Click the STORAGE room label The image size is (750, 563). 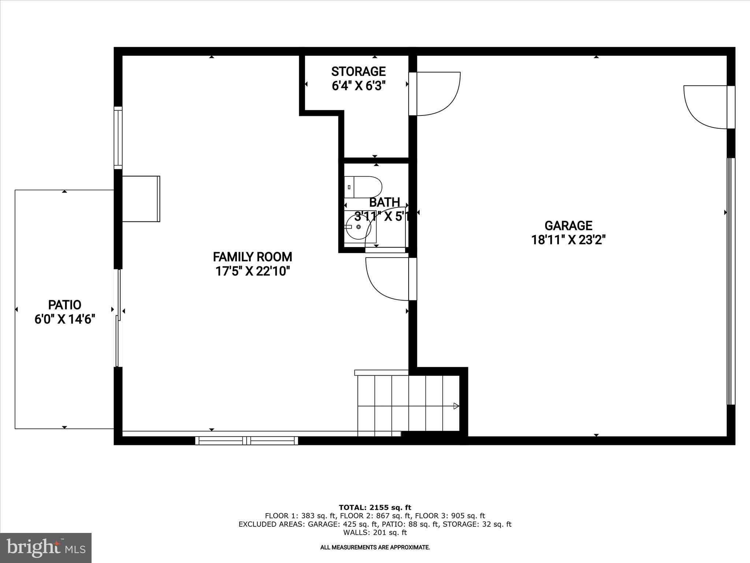tap(358, 71)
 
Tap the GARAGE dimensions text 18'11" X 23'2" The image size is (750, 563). tap(568, 240)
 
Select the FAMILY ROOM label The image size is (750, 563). tap(252, 257)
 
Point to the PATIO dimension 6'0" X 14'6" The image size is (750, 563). tap(65, 319)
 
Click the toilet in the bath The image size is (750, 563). tap(363, 187)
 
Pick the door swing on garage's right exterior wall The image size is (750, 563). tap(705, 107)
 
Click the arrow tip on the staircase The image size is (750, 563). tap(456, 406)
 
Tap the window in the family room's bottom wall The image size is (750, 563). tap(246, 441)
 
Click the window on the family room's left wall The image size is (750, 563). tap(118, 138)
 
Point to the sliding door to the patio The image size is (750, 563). tap(118, 318)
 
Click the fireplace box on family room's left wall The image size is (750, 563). tap(141, 199)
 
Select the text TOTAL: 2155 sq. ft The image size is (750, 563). tap(375, 508)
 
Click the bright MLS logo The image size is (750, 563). tap(46, 548)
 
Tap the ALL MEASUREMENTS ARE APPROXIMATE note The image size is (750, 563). tap(375, 548)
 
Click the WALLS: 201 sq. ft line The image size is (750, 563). tap(375, 533)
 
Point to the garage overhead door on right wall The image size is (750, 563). tap(731, 281)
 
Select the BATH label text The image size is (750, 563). tap(384, 202)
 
